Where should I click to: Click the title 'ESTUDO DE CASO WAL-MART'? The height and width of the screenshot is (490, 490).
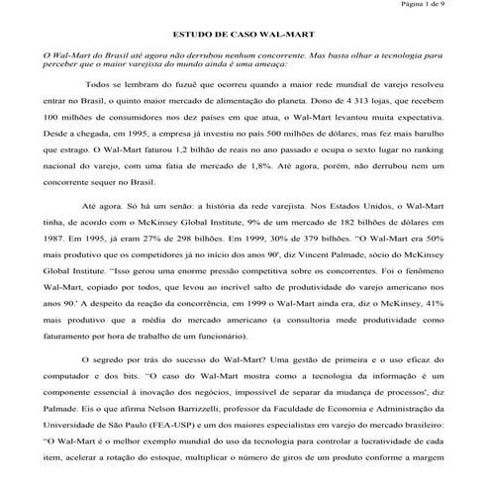point(245,33)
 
